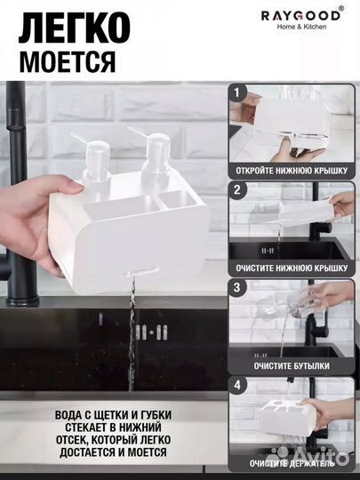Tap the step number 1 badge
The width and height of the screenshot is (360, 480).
(x=236, y=92)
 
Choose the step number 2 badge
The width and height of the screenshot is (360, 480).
(x=236, y=189)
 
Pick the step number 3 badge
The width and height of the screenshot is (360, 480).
(x=236, y=286)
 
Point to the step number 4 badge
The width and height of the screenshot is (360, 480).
(x=236, y=385)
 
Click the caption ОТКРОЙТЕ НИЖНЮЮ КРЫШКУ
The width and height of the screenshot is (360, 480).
(x=292, y=169)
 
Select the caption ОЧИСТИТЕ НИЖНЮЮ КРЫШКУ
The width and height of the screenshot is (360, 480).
(x=292, y=267)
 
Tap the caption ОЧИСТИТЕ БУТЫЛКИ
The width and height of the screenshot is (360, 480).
(x=292, y=364)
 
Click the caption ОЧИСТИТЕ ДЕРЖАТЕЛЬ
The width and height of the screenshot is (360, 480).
(x=292, y=463)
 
